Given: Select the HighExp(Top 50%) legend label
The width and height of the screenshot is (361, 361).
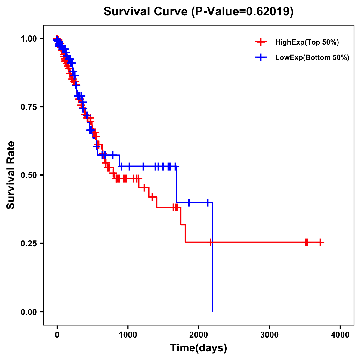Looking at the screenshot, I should coord(307,42).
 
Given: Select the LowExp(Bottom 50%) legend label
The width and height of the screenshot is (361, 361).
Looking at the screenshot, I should coord(312,58).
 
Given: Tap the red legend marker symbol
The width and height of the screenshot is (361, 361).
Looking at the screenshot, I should coord(261,42).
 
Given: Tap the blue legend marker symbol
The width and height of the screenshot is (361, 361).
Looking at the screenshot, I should coord(261,57).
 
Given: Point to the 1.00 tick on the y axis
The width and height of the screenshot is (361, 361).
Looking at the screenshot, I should coord(30,39).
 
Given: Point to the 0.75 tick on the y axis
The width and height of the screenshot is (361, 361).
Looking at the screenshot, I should coord(30,107).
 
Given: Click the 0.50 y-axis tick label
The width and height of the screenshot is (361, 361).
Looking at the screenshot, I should coord(30,175).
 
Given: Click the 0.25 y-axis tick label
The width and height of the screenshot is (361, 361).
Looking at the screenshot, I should coord(30,243).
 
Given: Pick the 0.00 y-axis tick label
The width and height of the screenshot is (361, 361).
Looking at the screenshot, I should coord(30,312).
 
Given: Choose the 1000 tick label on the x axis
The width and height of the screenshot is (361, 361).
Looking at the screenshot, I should coord(128,335).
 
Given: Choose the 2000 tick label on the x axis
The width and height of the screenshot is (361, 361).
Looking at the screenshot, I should coord(199,335).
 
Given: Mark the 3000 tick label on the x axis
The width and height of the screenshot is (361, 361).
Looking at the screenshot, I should coord(269,335).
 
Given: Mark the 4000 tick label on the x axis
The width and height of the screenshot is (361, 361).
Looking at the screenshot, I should coord(340,335).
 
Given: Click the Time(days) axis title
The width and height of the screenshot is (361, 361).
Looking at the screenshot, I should coord(199,348).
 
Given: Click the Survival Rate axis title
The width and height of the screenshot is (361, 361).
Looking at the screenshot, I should coord(11,175).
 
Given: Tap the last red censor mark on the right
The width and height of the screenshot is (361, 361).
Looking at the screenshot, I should coord(320,242).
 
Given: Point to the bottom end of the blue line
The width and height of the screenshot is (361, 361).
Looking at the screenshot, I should coord(213,311).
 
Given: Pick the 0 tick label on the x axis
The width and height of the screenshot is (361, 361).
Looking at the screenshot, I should coord(57,335).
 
